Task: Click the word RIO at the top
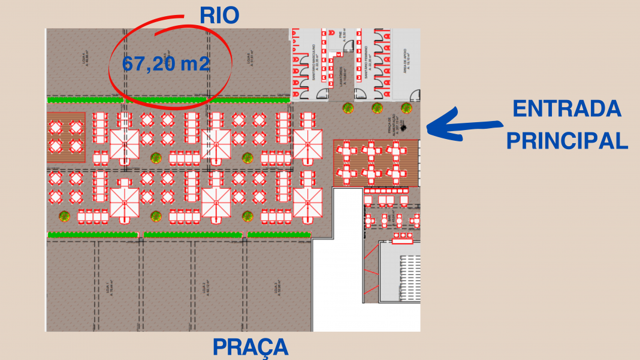219,16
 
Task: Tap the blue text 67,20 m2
166,63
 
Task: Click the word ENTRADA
567,109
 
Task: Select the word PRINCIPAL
567,140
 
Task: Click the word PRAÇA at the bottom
250,347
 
